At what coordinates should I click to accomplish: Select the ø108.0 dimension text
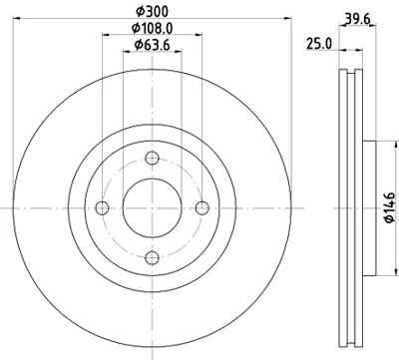(152, 29)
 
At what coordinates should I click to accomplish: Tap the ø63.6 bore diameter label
(152, 48)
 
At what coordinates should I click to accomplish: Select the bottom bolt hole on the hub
(152, 257)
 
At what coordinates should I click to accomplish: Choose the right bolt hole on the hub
(201, 207)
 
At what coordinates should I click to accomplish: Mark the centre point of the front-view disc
(152, 207)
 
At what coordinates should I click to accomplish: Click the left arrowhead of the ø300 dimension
(7, 18)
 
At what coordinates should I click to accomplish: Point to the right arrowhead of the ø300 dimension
(295, 18)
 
